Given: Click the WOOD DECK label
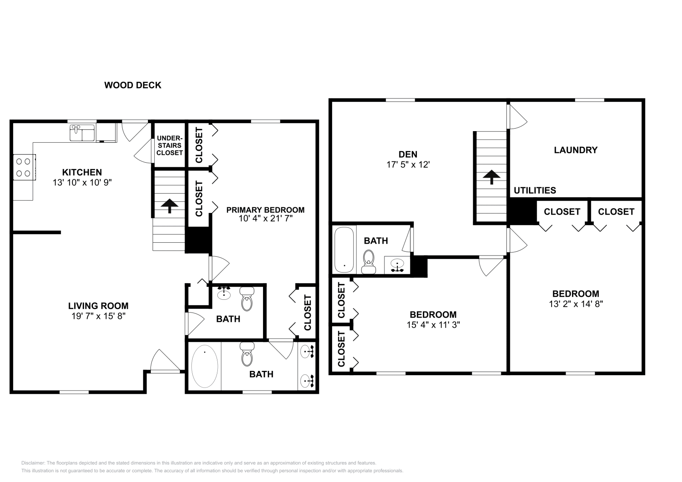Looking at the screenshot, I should pyautogui.click(x=133, y=85).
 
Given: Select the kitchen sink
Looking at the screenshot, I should pyautogui.click(x=83, y=132).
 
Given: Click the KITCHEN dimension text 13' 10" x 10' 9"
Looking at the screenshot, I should pyautogui.click(x=82, y=182).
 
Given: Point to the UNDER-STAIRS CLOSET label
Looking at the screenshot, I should pyautogui.click(x=169, y=146).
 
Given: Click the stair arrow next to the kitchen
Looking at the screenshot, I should pyautogui.click(x=169, y=206).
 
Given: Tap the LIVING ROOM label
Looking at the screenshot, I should pyautogui.click(x=98, y=306).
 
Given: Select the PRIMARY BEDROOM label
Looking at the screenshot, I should pyautogui.click(x=265, y=210).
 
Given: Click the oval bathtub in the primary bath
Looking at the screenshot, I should pyautogui.click(x=205, y=367).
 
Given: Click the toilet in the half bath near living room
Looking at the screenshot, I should pyautogui.click(x=247, y=300).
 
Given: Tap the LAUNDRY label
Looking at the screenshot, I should pyautogui.click(x=575, y=150).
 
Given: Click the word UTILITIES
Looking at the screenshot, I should pyautogui.click(x=535, y=191).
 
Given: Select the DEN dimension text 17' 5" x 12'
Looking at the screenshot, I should pyautogui.click(x=407, y=165).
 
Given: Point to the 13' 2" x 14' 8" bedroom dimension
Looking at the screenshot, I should pyautogui.click(x=575, y=304).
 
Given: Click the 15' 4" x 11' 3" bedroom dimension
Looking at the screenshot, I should pyautogui.click(x=433, y=325).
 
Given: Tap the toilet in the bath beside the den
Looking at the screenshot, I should pyautogui.click(x=368, y=261).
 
